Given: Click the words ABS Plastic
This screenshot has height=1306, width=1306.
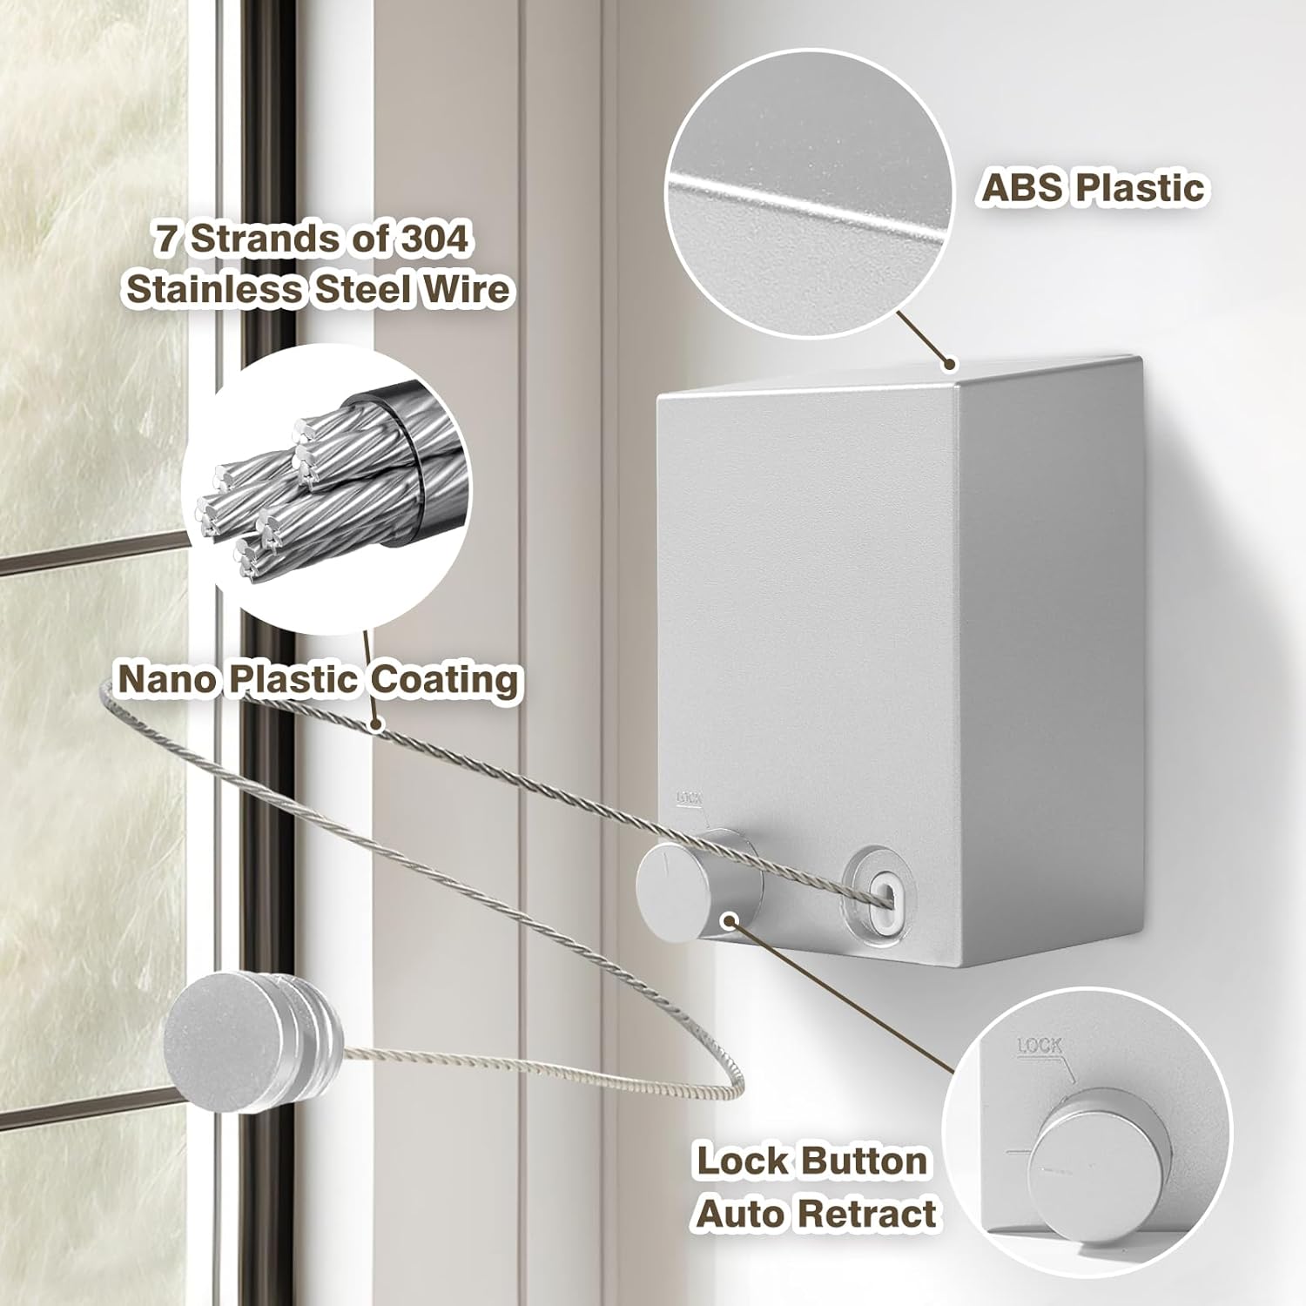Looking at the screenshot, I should click(1093, 188).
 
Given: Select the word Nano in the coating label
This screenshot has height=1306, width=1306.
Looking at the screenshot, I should click(166, 679).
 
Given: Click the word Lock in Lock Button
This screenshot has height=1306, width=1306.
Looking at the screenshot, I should click(741, 1161).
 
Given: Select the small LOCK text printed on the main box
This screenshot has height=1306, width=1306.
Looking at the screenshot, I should click(690, 797).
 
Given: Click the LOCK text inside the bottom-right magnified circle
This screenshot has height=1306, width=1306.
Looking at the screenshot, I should click(1040, 1045).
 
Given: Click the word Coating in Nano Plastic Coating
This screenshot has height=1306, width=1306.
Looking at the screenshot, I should click(444, 679).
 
